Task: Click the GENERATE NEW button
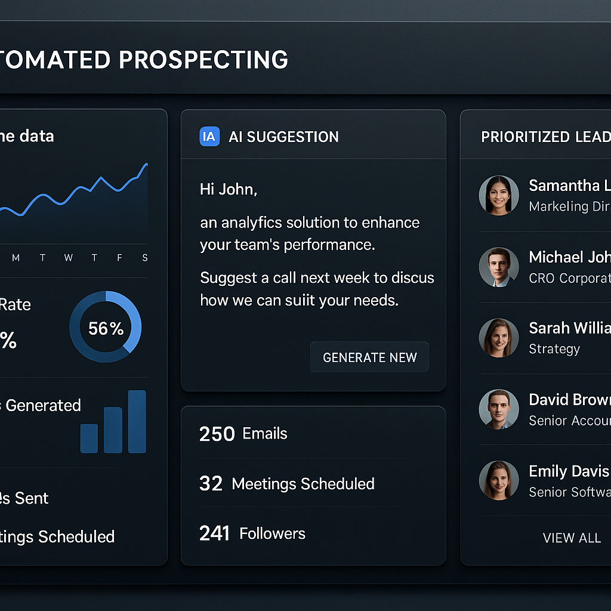[x=369, y=357]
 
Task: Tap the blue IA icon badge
[x=209, y=137]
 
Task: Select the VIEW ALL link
[x=571, y=538]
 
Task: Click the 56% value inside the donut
[x=106, y=328]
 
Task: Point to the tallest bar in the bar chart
[x=137, y=421]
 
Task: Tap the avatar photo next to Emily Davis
[x=498, y=480]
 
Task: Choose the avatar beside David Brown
[x=498, y=409]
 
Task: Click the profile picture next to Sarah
[x=498, y=338]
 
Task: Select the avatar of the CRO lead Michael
[x=498, y=267]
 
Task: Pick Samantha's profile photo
[x=498, y=195]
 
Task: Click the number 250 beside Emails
[x=217, y=434]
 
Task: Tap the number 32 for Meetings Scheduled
[x=211, y=483]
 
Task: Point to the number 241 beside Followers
[x=214, y=533]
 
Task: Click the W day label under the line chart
[x=69, y=258]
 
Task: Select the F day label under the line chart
[x=119, y=258]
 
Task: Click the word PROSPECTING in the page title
[x=203, y=60]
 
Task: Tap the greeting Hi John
[x=228, y=190]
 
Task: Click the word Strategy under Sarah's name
[x=554, y=349]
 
